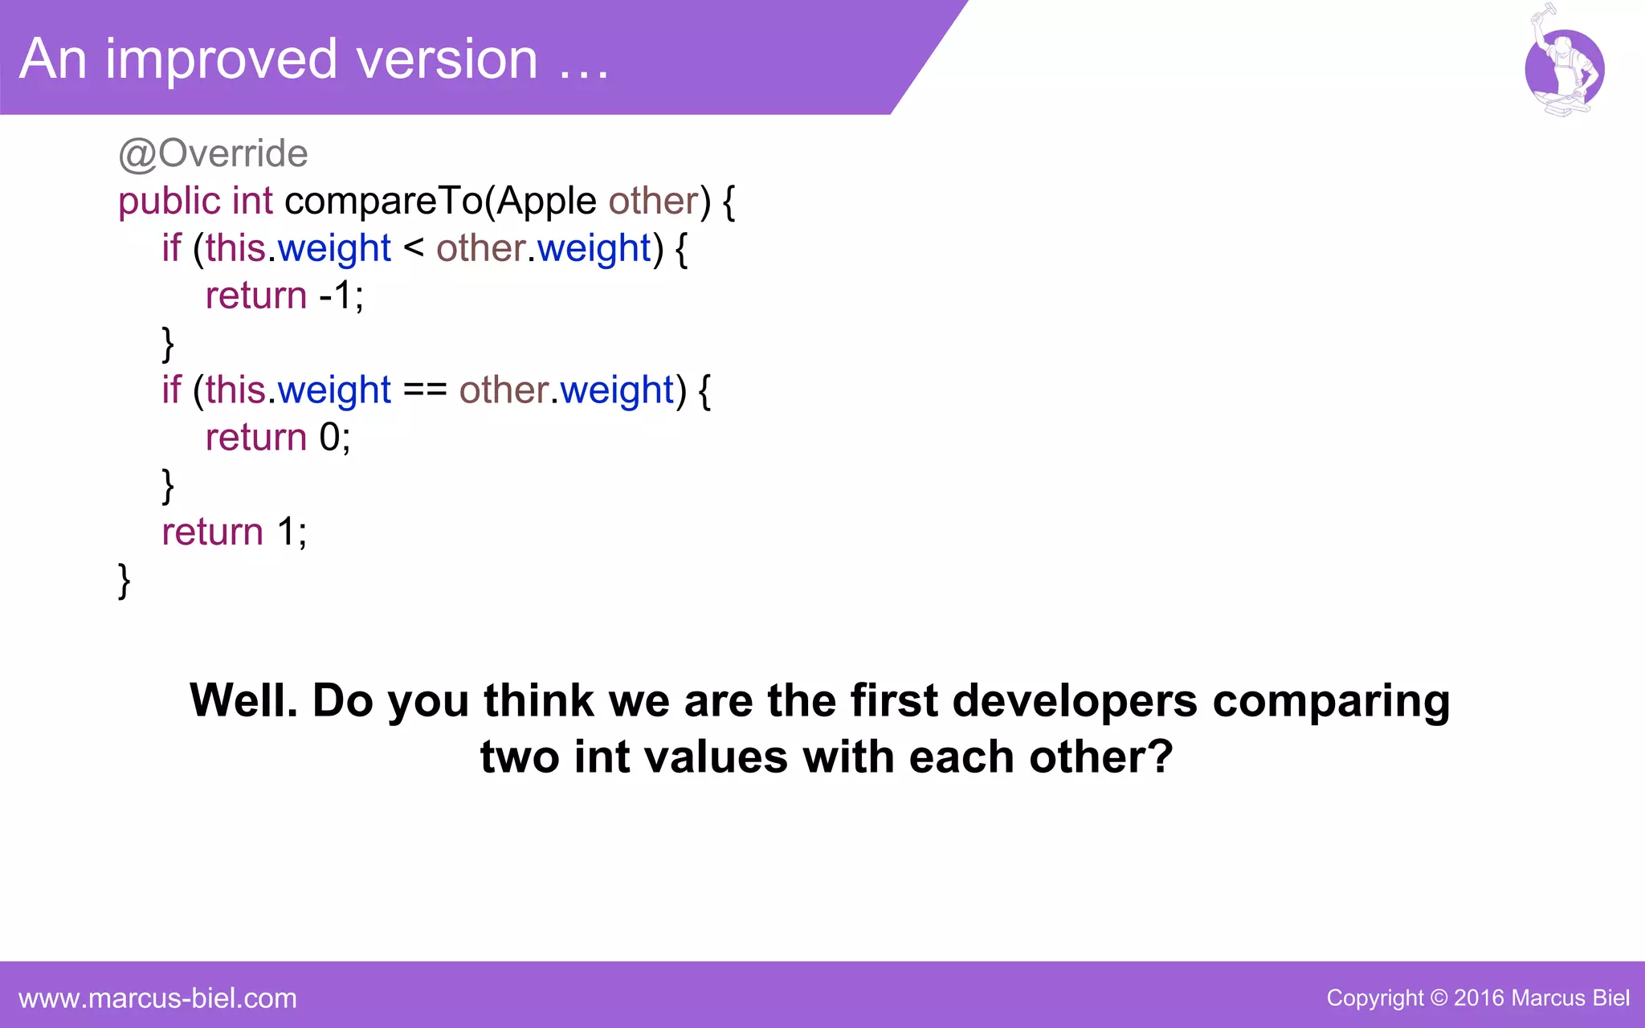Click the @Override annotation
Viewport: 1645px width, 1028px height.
coord(213,153)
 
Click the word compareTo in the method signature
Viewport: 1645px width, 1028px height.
coord(384,201)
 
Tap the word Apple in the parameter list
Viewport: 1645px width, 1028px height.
coord(546,201)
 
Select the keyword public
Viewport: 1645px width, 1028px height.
coord(169,201)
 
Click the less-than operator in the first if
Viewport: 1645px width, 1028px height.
coord(414,247)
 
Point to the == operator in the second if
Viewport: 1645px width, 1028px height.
coord(425,390)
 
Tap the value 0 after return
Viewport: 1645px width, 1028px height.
coord(329,438)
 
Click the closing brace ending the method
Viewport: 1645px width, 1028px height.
coord(124,580)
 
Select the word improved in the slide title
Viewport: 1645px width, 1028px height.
coord(221,59)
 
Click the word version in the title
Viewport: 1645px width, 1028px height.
coord(447,59)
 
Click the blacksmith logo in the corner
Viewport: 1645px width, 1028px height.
coord(1563,64)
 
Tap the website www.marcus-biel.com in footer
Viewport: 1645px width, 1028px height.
coord(157,998)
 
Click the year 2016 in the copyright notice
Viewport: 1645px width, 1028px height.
coord(1479,998)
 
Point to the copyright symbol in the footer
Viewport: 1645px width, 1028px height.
coord(1439,998)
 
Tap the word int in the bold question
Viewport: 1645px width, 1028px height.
coord(601,757)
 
